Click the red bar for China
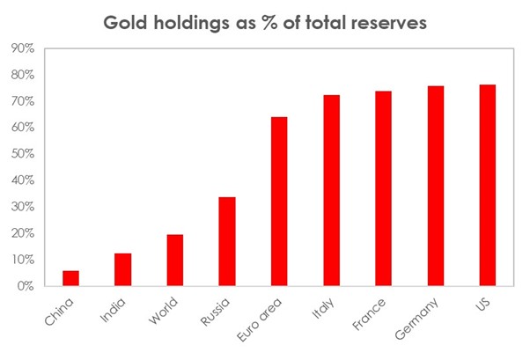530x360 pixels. coord(70,278)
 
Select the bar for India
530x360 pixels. coord(122,269)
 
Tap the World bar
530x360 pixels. coord(174,260)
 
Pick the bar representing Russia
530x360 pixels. coord(226,241)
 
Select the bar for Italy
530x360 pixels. coord(331,190)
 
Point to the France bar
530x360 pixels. coord(383,188)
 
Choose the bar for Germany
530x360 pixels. coord(435,186)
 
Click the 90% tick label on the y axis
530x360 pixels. coord(23,48)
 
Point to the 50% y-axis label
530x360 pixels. coord(23,154)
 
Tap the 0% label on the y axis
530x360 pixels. coord(26,286)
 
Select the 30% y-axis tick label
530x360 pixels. coord(23,207)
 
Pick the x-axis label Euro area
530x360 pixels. coord(265,318)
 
